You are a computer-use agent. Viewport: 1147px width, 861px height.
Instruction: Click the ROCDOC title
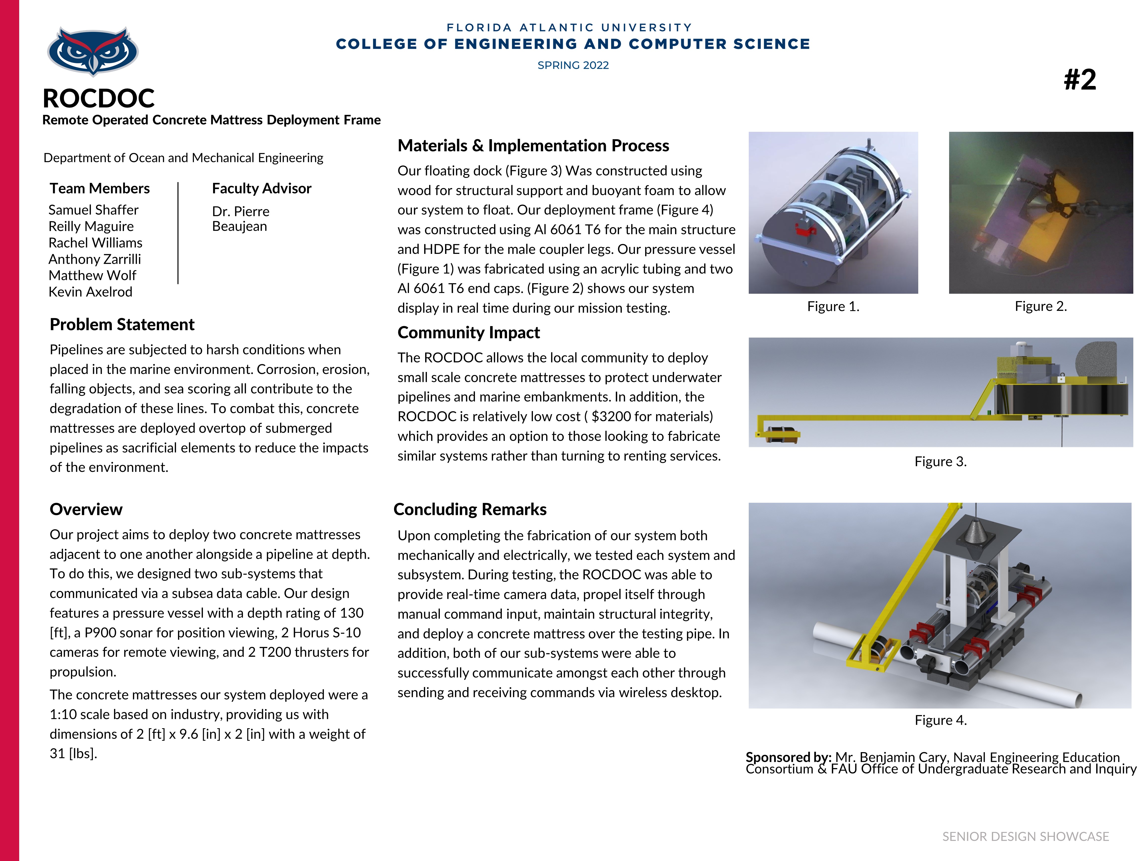(x=99, y=98)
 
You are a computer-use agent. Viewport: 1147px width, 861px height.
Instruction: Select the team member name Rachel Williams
(x=95, y=242)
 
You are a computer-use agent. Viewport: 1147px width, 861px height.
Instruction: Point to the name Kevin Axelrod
(x=90, y=292)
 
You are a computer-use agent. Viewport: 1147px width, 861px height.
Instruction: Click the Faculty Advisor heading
(x=261, y=188)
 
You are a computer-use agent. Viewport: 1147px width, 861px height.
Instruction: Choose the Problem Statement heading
(x=122, y=324)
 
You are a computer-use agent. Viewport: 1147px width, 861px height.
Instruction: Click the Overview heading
(x=86, y=509)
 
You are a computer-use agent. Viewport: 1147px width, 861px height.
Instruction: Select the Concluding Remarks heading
(x=470, y=509)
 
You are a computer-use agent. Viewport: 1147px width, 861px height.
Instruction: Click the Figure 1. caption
(x=833, y=307)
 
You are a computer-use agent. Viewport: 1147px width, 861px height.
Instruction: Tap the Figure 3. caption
(x=940, y=461)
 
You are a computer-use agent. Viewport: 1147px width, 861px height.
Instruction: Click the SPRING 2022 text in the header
(x=573, y=65)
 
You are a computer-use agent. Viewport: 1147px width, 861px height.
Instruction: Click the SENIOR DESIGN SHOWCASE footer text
(x=1025, y=836)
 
